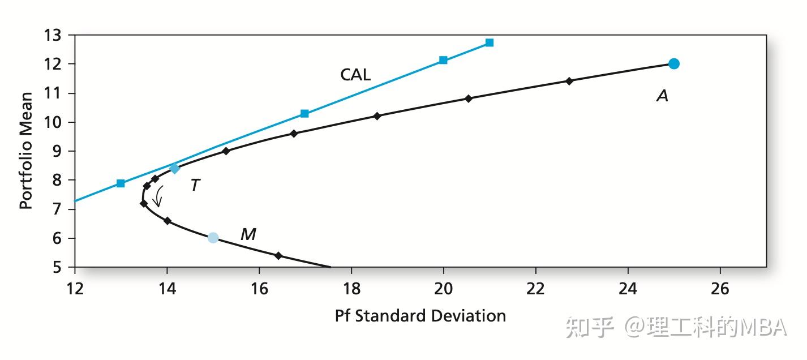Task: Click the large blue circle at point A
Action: pyautogui.click(x=673, y=64)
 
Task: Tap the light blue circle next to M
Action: pyautogui.click(x=213, y=238)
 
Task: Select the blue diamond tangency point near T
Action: pyautogui.click(x=175, y=168)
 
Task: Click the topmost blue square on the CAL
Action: pyautogui.click(x=490, y=42)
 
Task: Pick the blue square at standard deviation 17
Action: pyautogui.click(x=304, y=114)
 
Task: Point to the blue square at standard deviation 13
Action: pyautogui.click(x=121, y=183)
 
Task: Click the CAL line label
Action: pyautogui.click(x=355, y=75)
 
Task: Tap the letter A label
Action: pyautogui.click(x=663, y=96)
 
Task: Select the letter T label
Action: pyautogui.click(x=195, y=185)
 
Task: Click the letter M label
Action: pyautogui.click(x=248, y=234)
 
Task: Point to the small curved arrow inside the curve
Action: pyautogui.click(x=158, y=196)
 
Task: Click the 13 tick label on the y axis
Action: pyautogui.click(x=53, y=35)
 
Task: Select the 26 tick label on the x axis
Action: pyautogui.click(x=720, y=289)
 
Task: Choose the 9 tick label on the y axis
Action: pyautogui.click(x=57, y=151)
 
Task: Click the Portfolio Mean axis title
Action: pyautogui.click(x=26, y=151)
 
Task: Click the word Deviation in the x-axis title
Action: pyautogui.click(x=469, y=316)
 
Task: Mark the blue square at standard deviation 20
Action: pyautogui.click(x=443, y=60)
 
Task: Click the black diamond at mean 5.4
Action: pyautogui.click(x=278, y=255)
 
